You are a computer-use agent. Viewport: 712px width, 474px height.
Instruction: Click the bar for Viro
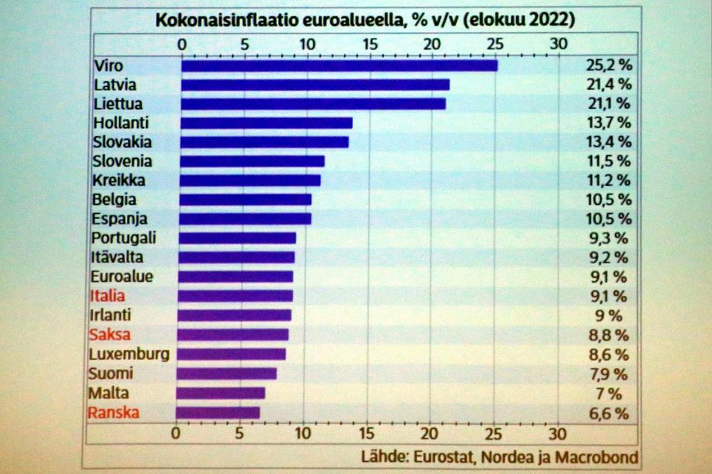point(339,65)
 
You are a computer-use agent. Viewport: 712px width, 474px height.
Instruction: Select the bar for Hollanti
point(266,122)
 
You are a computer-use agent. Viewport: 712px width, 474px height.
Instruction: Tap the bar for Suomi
point(226,374)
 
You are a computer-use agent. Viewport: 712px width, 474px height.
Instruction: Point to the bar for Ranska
point(217,412)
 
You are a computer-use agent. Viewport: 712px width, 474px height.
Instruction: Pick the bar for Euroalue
point(236,276)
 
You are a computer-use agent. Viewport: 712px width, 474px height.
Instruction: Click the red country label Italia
point(108,296)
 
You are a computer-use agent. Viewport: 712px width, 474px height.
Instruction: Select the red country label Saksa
point(110,335)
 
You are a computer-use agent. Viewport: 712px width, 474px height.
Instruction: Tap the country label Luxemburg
point(129,354)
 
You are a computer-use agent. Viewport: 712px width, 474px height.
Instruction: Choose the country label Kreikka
point(119,180)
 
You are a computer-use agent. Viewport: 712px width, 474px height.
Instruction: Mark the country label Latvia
point(115,84)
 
